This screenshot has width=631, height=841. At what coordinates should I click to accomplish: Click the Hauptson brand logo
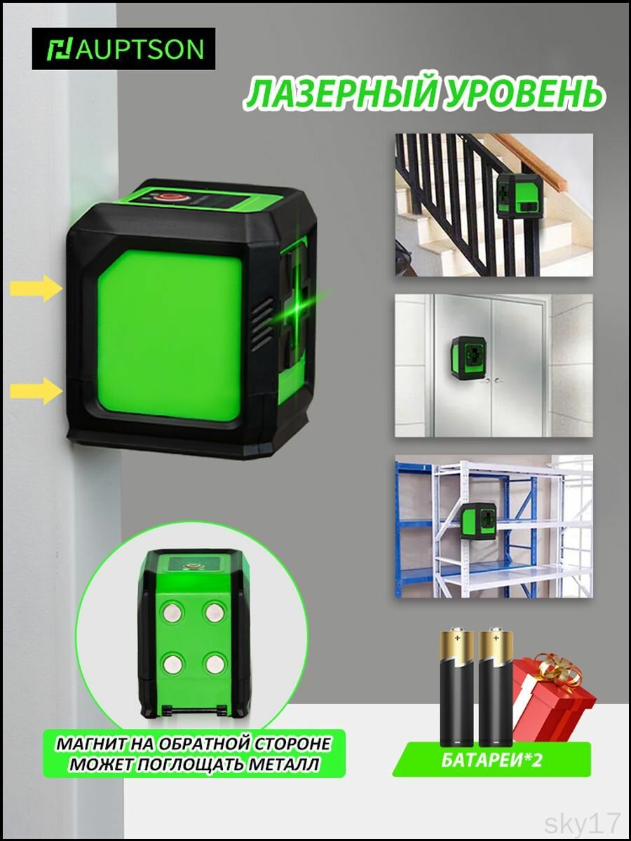(x=123, y=48)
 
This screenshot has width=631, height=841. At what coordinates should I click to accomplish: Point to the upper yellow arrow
(x=36, y=288)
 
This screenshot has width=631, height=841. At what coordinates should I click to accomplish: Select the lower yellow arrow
(x=36, y=390)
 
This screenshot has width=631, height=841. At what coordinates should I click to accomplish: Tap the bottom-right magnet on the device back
(x=214, y=664)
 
